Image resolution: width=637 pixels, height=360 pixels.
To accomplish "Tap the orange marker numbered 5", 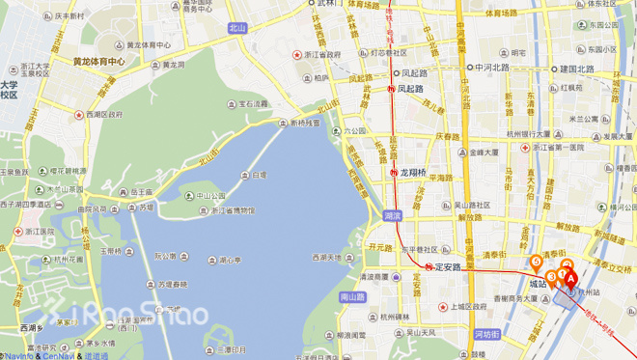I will pos(536,261).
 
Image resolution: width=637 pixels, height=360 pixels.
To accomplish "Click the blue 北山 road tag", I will pos(238,29).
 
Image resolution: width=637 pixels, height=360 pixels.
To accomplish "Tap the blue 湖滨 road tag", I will pos(391,215).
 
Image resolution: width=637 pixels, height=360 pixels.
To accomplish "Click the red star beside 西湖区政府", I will pos(80,114).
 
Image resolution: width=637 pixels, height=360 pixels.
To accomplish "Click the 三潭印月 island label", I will pos(231,349).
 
